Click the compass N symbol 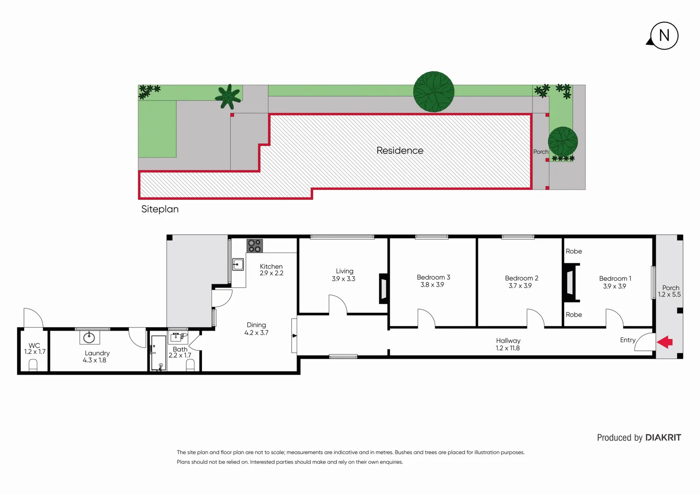point(664,36)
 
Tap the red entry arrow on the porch point(665,342)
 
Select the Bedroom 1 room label point(615,279)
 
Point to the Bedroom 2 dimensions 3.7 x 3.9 point(520,286)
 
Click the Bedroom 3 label point(433,277)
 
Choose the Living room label point(344,271)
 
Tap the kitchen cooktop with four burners point(255,246)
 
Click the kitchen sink point(238,264)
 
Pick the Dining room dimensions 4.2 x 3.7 point(256,333)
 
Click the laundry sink point(89,338)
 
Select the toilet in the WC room point(33,365)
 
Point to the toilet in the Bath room point(190,365)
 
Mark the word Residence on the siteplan point(400,150)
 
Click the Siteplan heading point(160,209)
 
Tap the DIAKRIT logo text point(663,438)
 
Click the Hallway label point(508,341)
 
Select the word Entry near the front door point(628,340)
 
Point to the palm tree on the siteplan point(228,97)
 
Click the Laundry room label point(97,353)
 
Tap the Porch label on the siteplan point(541,152)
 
